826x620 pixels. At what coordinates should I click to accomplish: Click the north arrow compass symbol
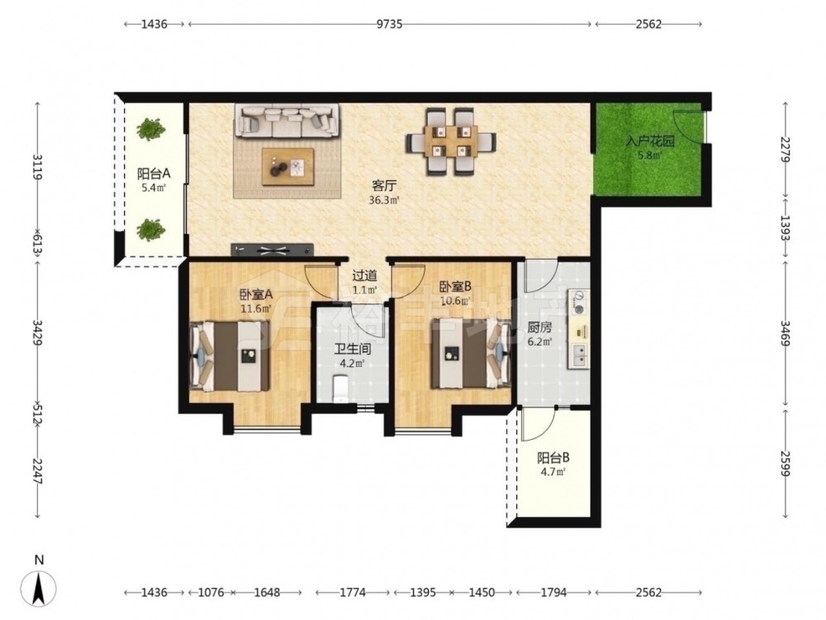[39, 588]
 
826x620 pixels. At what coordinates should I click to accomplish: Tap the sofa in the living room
[287, 121]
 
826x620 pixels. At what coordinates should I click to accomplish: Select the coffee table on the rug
[287, 167]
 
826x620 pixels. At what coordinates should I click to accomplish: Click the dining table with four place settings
[450, 141]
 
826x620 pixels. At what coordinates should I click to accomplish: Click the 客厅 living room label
[384, 185]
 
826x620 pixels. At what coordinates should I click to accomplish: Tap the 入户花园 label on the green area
[649, 141]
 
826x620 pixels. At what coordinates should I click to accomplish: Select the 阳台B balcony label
[553, 458]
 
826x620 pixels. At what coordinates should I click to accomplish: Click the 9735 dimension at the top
[389, 24]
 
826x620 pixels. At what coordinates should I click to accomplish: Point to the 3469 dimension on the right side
[786, 333]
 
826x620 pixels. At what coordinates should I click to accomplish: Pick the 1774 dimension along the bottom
[353, 593]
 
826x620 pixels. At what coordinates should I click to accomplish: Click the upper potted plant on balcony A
[151, 129]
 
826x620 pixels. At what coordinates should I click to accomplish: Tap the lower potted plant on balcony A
[151, 230]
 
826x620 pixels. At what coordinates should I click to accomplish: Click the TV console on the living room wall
[272, 250]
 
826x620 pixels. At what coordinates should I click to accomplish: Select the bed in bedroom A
[230, 355]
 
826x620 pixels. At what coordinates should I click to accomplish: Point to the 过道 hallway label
[364, 275]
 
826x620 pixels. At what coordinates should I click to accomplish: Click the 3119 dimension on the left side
[37, 167]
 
